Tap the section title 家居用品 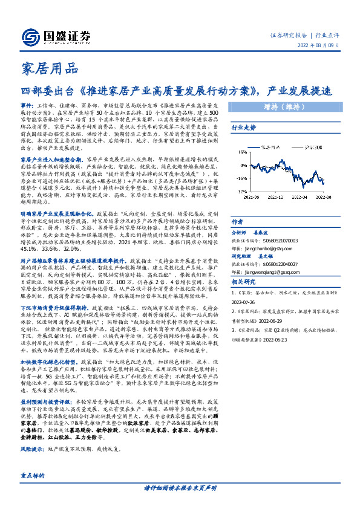[x=50, y=68]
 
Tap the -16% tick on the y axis [x=241, y=179]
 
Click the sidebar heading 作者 [x=237, y=222]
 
